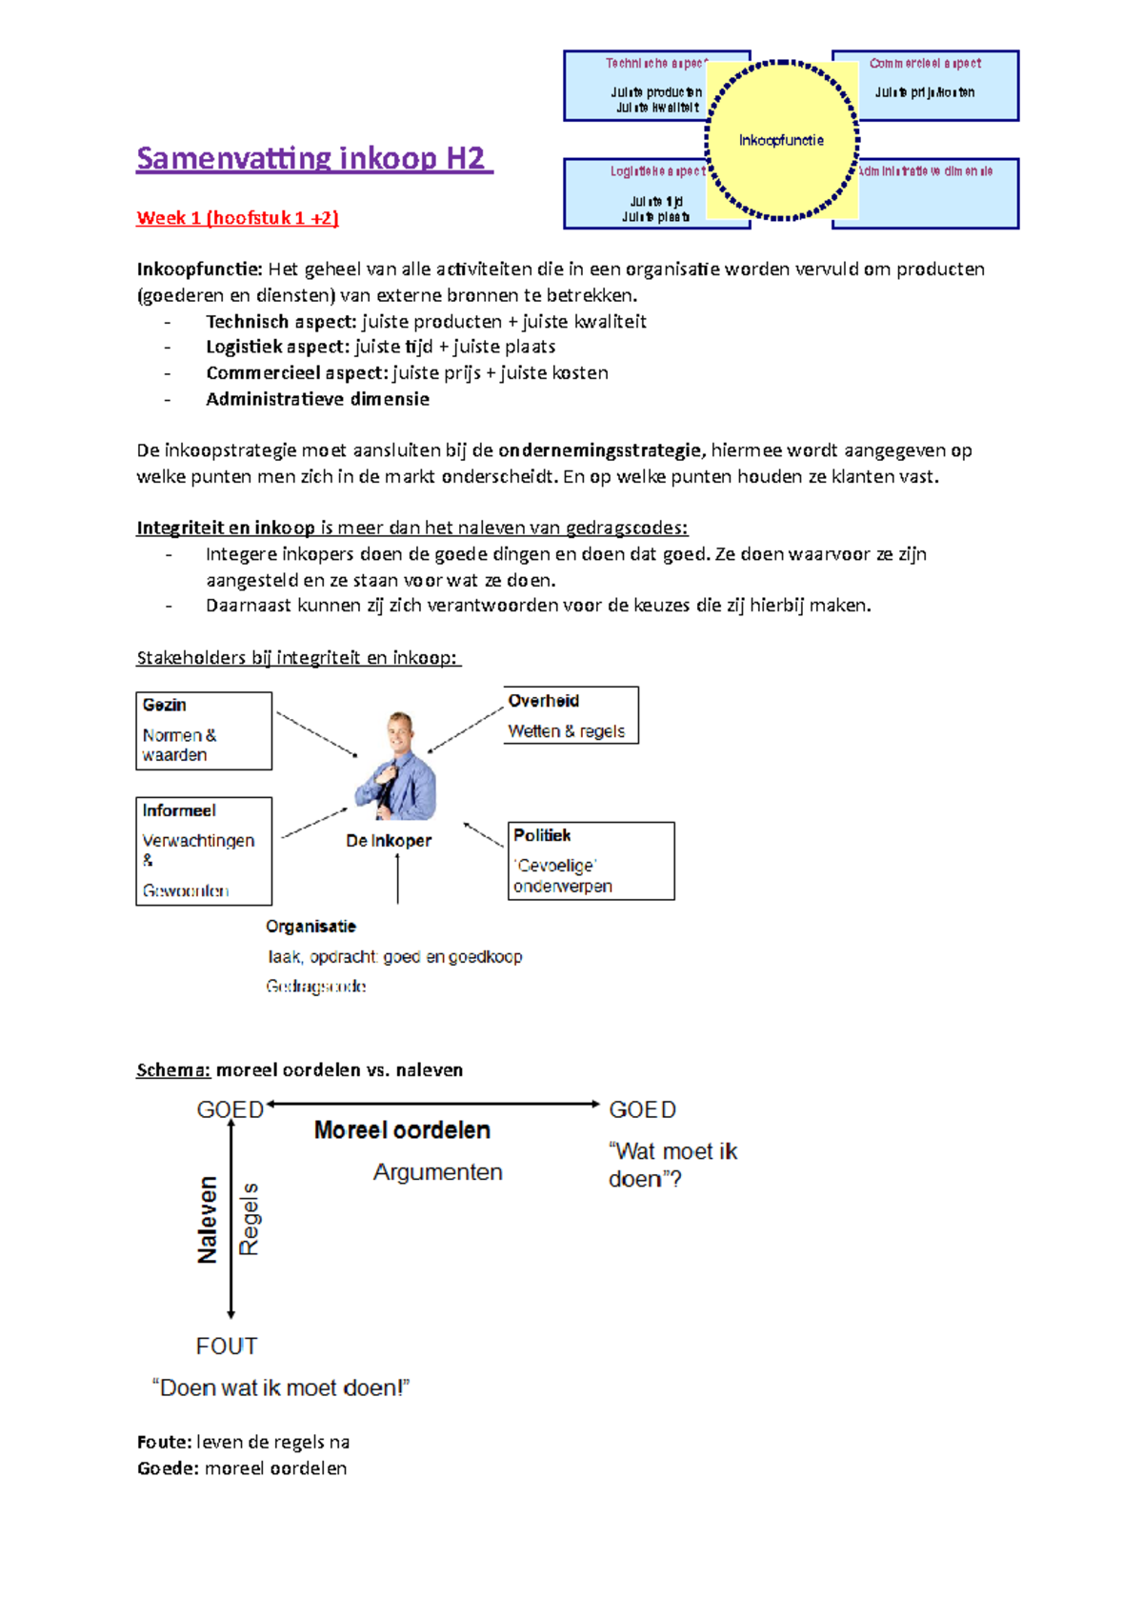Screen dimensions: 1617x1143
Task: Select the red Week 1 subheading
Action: pos(237,218)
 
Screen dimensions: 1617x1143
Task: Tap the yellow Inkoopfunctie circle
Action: pos(781,140)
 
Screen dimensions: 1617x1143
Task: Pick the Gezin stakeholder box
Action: pos(204,730)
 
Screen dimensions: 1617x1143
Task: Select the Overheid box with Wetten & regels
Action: pos(571,715)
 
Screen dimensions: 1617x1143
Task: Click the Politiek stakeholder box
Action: pos(591,861)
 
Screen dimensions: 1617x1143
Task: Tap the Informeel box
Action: pos(204,850)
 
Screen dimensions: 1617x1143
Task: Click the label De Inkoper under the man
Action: pos(389,841)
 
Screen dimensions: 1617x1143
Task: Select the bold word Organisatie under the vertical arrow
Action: pos(311,927)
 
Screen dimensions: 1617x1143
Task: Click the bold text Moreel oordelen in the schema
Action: pos(402,1130)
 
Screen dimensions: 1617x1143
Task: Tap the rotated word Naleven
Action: pos(208,1220)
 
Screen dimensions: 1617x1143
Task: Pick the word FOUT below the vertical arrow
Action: pos(227,1346)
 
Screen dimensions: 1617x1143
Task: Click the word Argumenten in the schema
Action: pos(437,1172)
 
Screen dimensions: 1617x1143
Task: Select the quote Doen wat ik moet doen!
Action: pos(281,1387)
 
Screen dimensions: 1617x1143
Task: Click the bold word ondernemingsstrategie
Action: pos(600,450)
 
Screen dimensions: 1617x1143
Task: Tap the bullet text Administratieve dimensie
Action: pos(317,399)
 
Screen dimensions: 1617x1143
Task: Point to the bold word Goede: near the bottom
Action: pos(168,1468)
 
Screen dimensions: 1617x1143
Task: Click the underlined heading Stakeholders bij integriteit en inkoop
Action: pos(297,658)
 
